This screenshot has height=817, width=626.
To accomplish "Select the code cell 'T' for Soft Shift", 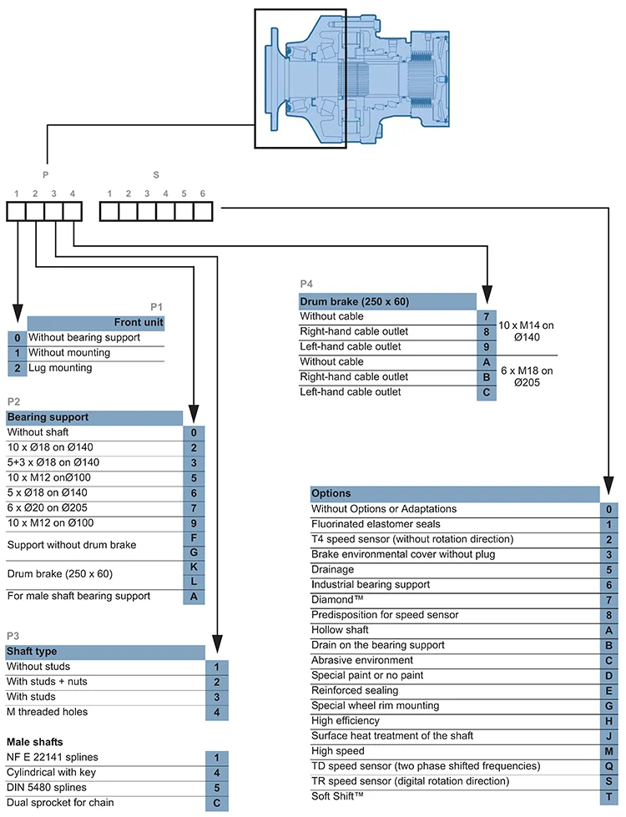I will (609, 796).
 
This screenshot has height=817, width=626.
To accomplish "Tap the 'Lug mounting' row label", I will (60, 368).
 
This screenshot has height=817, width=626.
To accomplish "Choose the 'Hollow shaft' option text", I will (340, 630).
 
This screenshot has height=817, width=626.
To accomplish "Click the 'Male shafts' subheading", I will (34, 741).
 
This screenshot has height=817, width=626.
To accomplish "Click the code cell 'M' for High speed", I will (609, 751).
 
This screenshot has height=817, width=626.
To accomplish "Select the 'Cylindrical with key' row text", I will (53, 773).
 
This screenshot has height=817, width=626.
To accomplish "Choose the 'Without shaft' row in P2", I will (38, 432).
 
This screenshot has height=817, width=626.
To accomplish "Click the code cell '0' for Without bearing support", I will (18, 338).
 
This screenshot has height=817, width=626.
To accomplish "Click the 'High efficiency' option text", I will (345, 721).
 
